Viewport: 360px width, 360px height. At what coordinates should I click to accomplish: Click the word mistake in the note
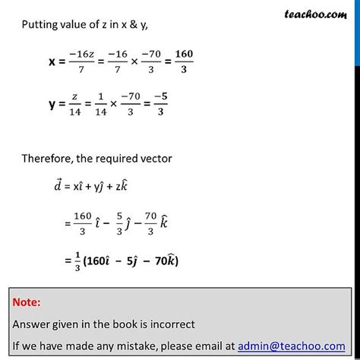132,345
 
